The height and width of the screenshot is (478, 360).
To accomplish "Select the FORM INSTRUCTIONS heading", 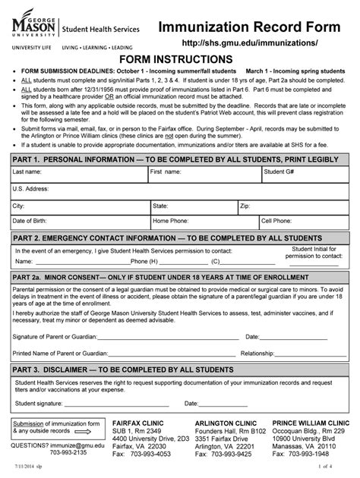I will coord(180,61).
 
